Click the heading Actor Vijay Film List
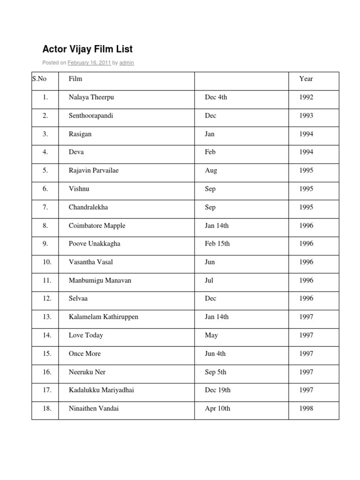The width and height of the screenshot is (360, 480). [x=88, y=49]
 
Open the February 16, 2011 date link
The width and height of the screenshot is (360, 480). [x=89, y=63]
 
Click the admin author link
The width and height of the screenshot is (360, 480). [x=127, y=63]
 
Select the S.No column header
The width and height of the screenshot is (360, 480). [x=39, y=79]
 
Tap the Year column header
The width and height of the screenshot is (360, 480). [x=306, y=79]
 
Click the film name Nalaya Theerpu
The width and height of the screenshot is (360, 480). [x=91, y=97]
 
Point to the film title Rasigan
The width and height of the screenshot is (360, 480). [x=80, y=134]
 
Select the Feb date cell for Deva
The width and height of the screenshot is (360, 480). [x=210, y=152]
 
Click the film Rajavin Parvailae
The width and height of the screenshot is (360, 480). [x=94, y=170]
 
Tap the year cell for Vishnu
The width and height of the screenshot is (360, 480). [x=306, y=188]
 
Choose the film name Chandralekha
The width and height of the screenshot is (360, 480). [x=88, y=207]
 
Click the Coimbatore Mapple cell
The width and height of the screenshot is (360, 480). [x=97, y=225]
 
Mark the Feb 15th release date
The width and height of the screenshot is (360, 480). [x=217, y=243]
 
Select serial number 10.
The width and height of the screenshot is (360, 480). [x=47, y=262]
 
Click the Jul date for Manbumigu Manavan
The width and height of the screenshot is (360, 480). [x=209, y=280]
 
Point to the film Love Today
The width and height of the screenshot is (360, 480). [x=86, y=335]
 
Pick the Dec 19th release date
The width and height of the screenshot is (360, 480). [x=218, y=390]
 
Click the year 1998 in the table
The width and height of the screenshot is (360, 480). [x=306, y=408]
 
